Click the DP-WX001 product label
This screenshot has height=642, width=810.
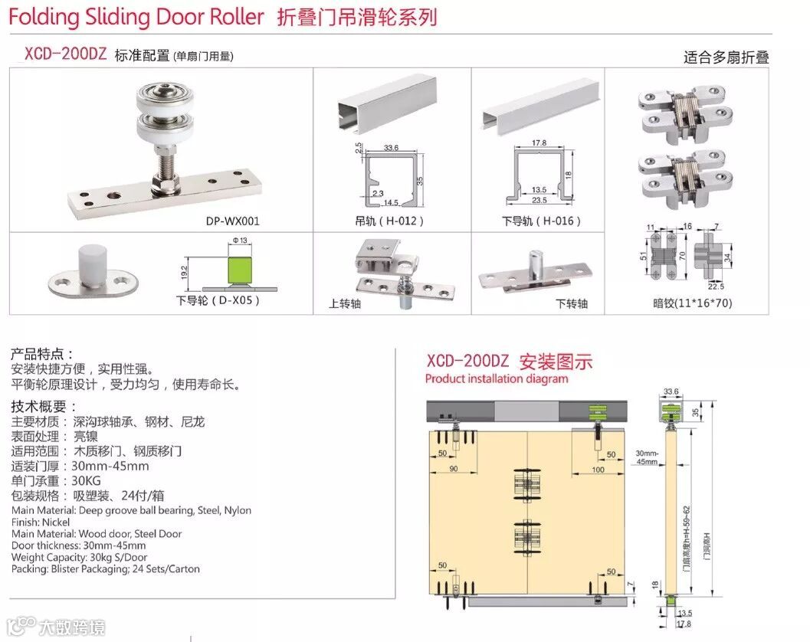click(233, 221)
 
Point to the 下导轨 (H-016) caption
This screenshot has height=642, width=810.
click(541, 221)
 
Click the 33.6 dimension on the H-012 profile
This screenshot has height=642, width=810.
click(391, 147)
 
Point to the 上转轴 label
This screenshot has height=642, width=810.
click(345, 303)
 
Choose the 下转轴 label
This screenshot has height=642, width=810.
click(571, 303)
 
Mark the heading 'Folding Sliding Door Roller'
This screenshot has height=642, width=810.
click(137, 17)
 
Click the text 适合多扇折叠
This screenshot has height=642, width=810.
click(726, 57)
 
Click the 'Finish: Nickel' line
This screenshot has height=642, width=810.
click(41, 522)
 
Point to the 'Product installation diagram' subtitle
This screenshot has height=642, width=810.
click(497, 378)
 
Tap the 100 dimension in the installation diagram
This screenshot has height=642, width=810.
click(598, 470)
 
